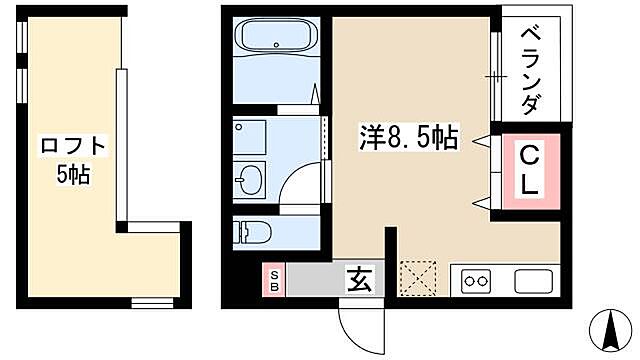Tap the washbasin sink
(x=251, y=181)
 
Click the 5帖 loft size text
(x=72, y=174)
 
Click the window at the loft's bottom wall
(x=153, y=301)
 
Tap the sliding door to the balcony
(x=495, y=75)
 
